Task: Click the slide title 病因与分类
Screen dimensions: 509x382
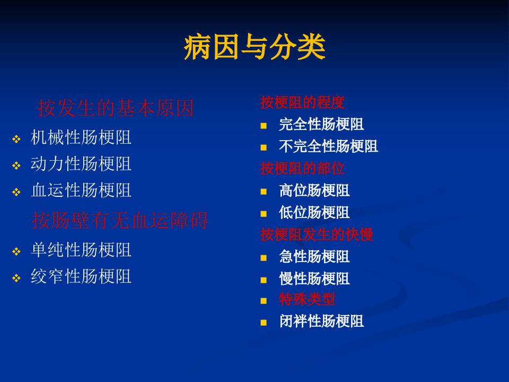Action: click(x=254, y=47)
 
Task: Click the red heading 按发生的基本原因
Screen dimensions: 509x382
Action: click(x=116, y=108)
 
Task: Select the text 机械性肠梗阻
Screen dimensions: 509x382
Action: click(x=81, y=137)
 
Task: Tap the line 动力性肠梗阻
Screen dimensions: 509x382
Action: click(x=81, y=164)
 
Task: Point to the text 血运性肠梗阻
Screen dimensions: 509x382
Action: click(x=81, y=190)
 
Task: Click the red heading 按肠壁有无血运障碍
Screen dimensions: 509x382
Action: click(x=120, y=220)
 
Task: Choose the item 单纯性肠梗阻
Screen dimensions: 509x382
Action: click(x=81, y=250)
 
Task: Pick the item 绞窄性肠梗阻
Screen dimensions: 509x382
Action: click(x=81, y=276)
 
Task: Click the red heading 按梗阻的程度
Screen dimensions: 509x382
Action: click(x=302, y=102)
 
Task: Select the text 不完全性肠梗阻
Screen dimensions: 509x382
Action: click(x=329, y=146)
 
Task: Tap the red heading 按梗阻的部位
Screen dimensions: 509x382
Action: click(x=302, y=168)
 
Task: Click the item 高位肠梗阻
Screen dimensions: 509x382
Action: click(x=314, y=190)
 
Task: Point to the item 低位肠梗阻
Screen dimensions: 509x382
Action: click(x=314, y=212)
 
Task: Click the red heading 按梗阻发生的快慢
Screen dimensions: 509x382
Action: click(x=317, y=234)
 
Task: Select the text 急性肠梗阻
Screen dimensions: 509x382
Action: click(x=314, y=256)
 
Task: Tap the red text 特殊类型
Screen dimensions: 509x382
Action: click(x=307, y=299)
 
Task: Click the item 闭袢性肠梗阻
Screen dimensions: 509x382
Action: click(x=321, y=322)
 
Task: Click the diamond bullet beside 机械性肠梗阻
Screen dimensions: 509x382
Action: click(x=16, y=140)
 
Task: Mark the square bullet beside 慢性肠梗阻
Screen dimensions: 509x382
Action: click(x=264, y=280)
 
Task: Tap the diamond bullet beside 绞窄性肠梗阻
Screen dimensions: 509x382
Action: click(x=16, y=279)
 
